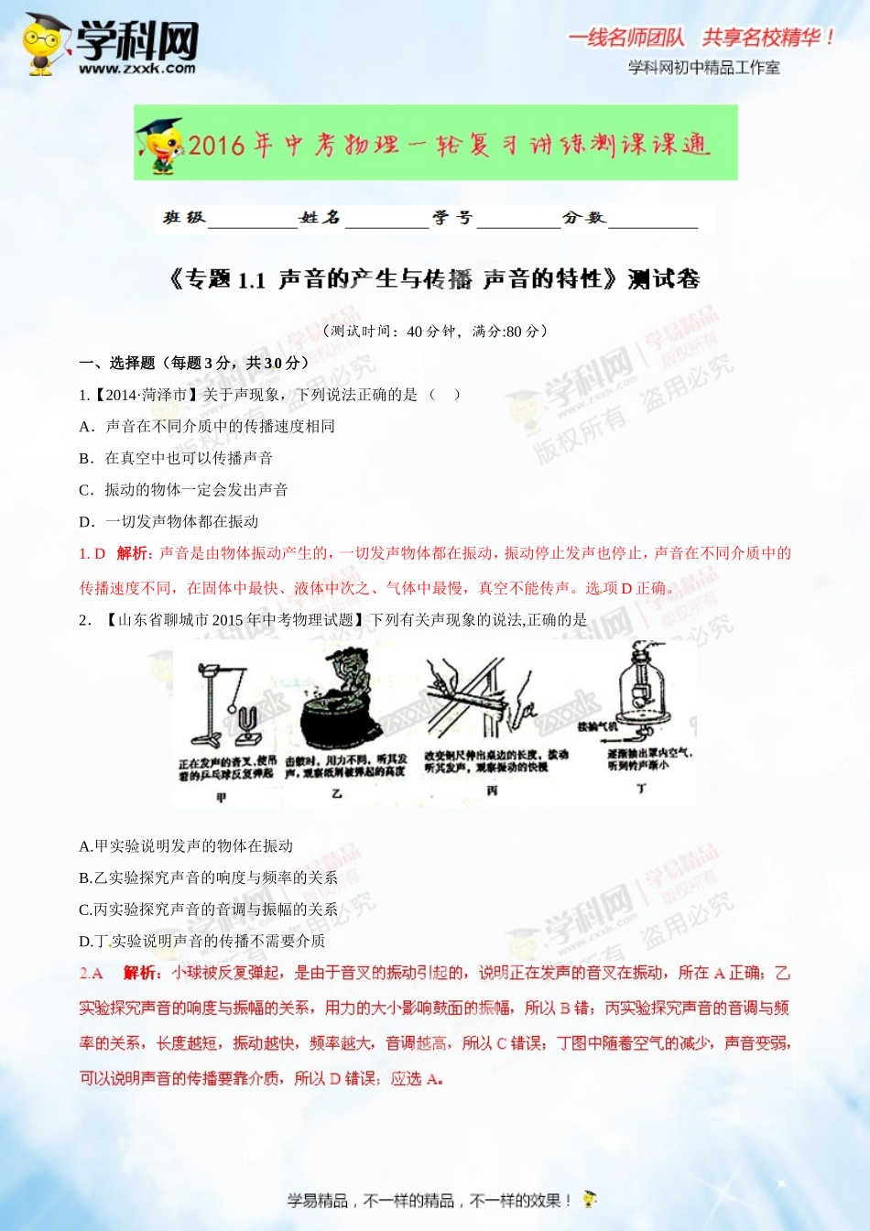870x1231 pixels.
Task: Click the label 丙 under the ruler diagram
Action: (x=492, y=790)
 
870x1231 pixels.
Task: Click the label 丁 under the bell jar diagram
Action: (x=640, y=789)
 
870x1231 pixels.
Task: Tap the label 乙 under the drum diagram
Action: (x=336, y=793)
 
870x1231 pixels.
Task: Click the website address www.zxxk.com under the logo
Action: (x=137, y=68)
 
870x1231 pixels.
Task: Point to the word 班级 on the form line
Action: (x=184, y=217)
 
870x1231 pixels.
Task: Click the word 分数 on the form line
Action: (x=583, y=217)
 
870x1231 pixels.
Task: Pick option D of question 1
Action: (x=169, y=521)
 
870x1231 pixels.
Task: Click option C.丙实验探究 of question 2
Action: (x=208, y=909)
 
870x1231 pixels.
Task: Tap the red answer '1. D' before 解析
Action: (x=92, y=553)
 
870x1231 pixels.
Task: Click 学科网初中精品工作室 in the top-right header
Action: (x=703, y=67)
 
